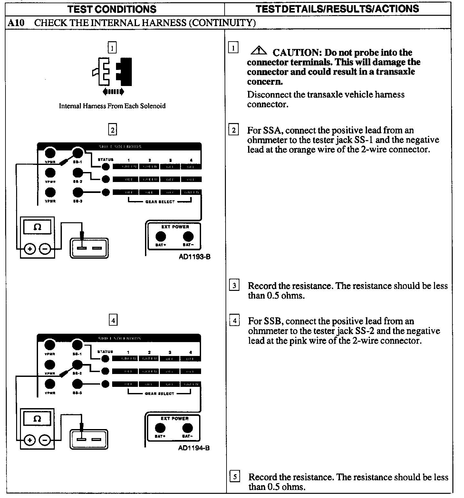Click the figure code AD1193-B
click(195, 257)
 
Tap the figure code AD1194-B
click(194, 448)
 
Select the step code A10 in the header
click(16, 23)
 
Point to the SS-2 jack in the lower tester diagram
click(78, 365)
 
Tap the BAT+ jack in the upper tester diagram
click(160, 237)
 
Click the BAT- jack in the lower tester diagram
click(187, 428)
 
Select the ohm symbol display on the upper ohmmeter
click(37, 227)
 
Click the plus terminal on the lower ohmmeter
click(30, 440)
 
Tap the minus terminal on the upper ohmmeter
click(45, 249)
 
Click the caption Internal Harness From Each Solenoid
click(112, 106)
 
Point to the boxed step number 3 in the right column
click(234, 286)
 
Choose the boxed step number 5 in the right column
click(235, 476)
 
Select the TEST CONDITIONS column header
click(112, 9)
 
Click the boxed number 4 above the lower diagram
click(113, 321)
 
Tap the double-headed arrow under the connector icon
click(113, 92)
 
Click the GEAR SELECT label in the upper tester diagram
click(160, 202)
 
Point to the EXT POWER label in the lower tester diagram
click(174, 418)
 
